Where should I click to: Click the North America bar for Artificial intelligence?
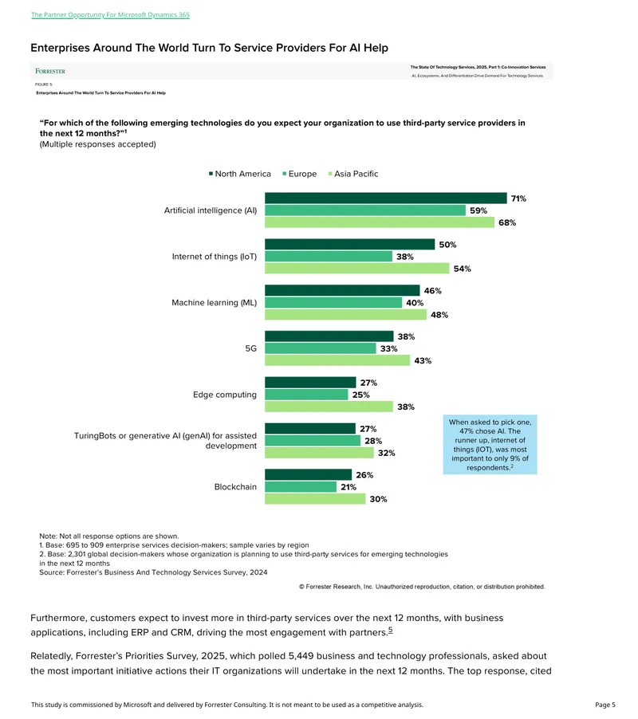tap(386, 198)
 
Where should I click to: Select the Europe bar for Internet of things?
tap(329, 257)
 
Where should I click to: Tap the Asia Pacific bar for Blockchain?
tap(315, 499)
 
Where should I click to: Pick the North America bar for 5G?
tap(329, 336)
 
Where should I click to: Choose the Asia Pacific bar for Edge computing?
tap(329, 407)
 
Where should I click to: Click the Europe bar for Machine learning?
tap(333, 303)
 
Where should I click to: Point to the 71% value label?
tap(518, 198)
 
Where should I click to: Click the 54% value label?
tap(463, 269)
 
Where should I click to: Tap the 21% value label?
tap(349, 487)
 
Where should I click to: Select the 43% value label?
tap(423, 361)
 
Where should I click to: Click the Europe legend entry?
tap(300, 174)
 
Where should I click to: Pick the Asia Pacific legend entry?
tap(353, 174)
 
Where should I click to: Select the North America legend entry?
tap(240, 174)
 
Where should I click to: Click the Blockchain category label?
tap(235, 487)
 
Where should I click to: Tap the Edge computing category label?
tap(225, 395)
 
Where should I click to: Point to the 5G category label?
tap(251, 348)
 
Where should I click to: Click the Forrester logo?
tap(50, 71)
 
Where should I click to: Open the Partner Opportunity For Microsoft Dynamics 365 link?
tap(110, 14)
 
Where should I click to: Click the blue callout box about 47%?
tap(490, 444)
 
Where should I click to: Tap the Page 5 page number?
tap(605, 705)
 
